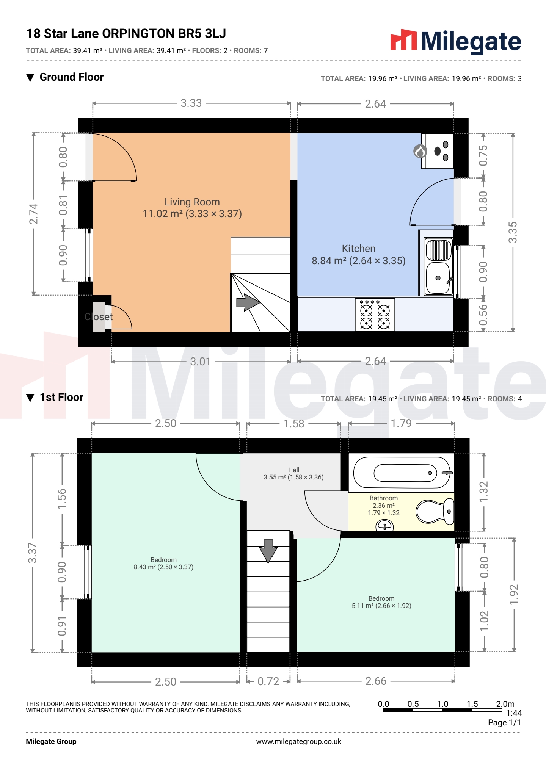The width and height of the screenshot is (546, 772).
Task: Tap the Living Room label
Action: [192, 208]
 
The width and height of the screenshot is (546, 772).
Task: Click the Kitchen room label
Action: [359, 255]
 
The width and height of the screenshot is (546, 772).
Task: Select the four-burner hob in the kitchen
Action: [375, 315]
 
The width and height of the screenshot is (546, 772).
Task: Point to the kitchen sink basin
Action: [438, 279]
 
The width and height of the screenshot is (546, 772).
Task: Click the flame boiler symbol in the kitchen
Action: [420, 151]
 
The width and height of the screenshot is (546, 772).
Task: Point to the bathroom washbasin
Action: [384, 525]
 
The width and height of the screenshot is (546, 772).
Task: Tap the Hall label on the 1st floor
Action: [294, 473]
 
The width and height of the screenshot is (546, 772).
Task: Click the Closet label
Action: [99, 317]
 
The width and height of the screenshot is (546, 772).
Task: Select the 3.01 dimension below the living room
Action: [200, 362]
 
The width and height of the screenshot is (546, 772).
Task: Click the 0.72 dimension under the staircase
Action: [268, 681]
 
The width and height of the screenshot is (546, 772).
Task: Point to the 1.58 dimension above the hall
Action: [294, 424]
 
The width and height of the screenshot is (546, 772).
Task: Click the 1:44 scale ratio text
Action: [514, 713]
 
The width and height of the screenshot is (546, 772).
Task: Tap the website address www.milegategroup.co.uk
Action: [299, 742]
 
